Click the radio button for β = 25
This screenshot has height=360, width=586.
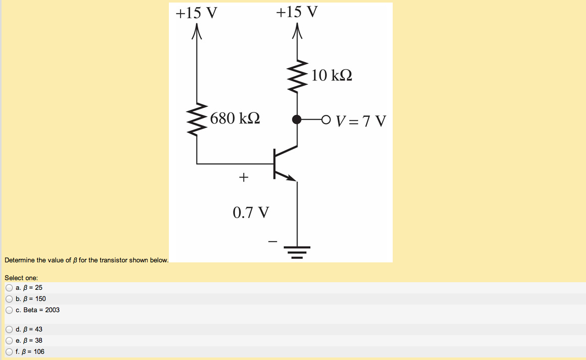point(9,287)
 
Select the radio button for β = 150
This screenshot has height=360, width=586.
point(9,298)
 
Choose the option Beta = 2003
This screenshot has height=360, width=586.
point(9,310)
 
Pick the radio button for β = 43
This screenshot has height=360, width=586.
point(9,329)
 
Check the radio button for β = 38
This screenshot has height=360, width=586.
point(9,340)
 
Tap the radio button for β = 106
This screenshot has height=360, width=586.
point(9,351)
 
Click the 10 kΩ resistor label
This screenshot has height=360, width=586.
point(332,76)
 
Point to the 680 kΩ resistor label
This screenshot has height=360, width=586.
point(235,118)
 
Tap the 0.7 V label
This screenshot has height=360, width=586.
point(251,212)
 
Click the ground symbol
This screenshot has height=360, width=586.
point(297,252)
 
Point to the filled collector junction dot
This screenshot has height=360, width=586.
point(297,119)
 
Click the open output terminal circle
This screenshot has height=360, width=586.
point(326,119)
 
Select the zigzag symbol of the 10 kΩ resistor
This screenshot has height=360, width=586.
point(298,76)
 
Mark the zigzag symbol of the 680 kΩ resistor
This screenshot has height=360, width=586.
point(197,118)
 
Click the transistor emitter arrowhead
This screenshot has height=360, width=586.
point(291,178)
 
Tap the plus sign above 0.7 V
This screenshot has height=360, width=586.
point(244,177)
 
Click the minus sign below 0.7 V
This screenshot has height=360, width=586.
point(273,241)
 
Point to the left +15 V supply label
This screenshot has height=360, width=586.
point(196,13)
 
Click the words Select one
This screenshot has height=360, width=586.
point(21,278)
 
